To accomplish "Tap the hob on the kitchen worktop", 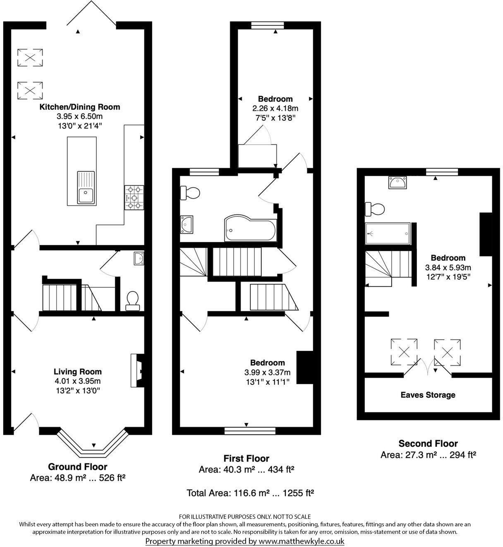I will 134,197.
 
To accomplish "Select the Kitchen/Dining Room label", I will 79,107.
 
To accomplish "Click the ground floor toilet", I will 133,300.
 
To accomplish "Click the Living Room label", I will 78,372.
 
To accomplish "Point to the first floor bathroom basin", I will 187,224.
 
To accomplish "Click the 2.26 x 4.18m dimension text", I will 275,108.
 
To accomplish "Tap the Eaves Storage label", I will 428,395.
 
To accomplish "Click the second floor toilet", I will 374,209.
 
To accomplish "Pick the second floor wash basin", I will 398,182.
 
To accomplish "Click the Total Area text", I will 250,493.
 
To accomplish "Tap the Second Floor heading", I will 428,444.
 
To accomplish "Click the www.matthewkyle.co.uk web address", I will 301,541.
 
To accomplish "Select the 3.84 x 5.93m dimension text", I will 448,267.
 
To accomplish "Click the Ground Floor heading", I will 78,467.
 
